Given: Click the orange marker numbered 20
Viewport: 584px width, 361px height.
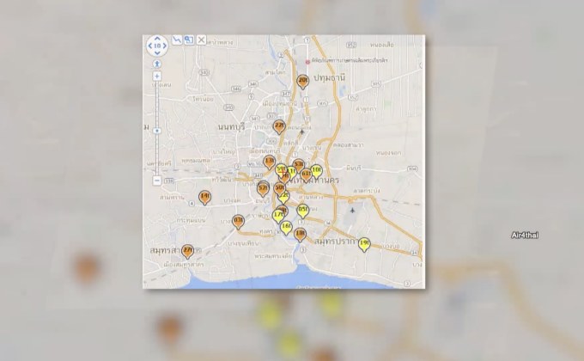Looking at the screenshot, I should (x=302, y=82).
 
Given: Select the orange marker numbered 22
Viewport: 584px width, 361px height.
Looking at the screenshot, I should (x=279, y=126).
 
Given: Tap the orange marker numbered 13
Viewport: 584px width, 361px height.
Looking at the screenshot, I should (x=270, y=162).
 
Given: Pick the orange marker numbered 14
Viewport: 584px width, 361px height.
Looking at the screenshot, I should (x=204, y=197).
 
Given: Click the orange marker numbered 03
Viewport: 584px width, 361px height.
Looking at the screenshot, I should (x=239, y=222).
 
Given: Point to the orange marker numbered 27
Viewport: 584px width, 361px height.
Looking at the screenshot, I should (x=187, y=250).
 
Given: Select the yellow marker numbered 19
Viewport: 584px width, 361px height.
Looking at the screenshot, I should (x=364, y=244).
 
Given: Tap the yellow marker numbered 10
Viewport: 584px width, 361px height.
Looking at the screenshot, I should (x=316, y=170).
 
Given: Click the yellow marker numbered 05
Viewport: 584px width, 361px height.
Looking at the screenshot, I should (x=303, y=210).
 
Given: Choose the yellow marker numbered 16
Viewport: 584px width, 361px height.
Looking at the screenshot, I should (x=286, y=226).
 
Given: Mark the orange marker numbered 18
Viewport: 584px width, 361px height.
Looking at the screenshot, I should (x=300, y=233).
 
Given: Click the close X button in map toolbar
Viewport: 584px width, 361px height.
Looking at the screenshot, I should (x=202, y=40).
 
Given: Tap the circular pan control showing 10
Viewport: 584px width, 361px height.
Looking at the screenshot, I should (x=156, y=45).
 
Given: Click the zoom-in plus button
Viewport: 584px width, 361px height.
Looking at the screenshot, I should (x=156, y=76).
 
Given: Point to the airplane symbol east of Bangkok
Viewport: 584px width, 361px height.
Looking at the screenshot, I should (x=352, y=207).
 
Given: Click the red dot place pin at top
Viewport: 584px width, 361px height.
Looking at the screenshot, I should (x=307, y=61).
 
